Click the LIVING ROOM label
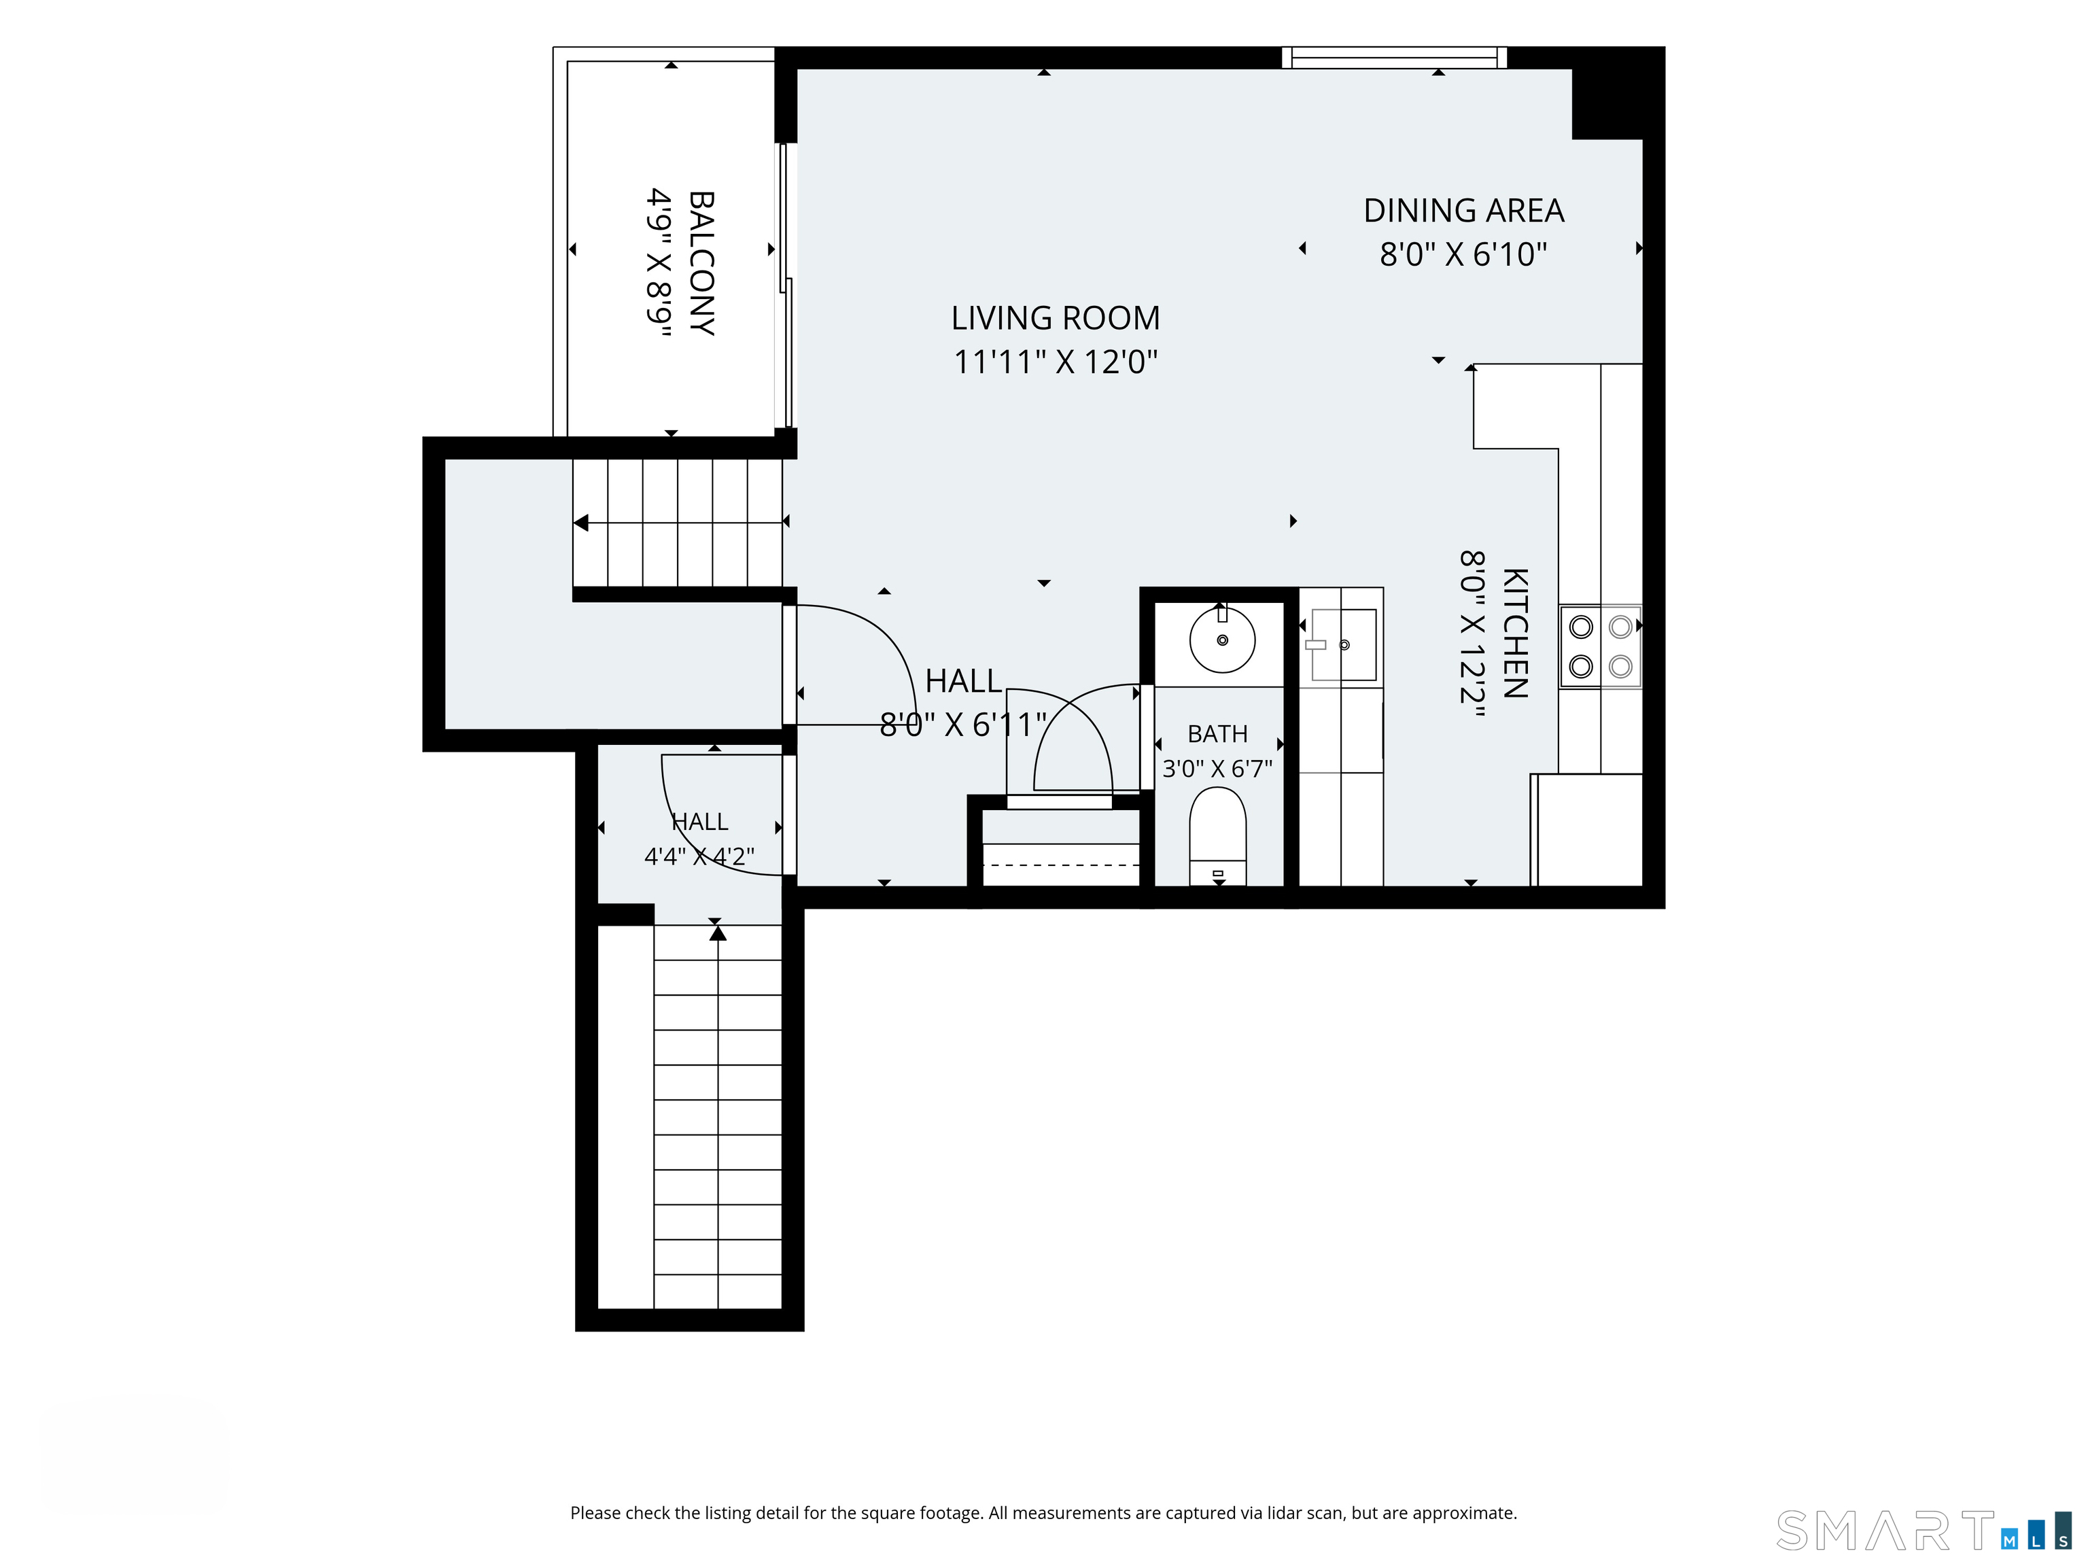pos(1056,318)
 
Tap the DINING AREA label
pos(1464,211)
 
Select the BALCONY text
pos(701,263)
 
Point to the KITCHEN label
pos(1515,633)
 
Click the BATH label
pos(1218,733)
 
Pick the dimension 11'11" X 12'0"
pos(1056,362)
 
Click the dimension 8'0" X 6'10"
pos(1464,254)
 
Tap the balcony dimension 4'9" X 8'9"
pos(659,263)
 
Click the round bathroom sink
pos(1222,640)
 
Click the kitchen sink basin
pos(1343,645)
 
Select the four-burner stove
pos(1601,646)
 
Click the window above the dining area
pos(1394,58)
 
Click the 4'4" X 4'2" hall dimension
pos(699,856)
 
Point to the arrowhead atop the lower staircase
pos(718,933)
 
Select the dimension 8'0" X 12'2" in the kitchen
pos(1473,633)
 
